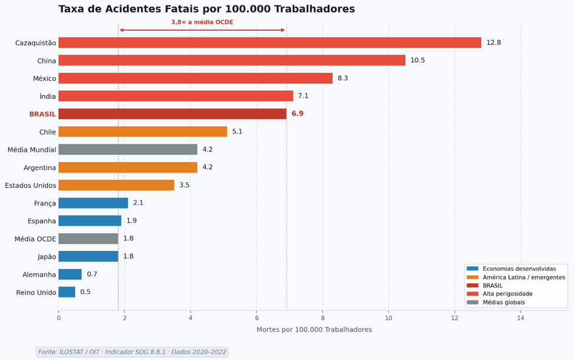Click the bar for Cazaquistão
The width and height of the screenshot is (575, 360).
(270, 42)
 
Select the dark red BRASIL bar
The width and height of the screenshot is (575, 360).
(172, 114)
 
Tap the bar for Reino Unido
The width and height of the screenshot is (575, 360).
(67, 292)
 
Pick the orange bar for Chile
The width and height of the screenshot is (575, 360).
(143, 132)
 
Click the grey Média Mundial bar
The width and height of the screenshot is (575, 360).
(127, 149)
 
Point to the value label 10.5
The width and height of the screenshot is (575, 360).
(418, 60)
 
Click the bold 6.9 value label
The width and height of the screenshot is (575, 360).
(297, 114)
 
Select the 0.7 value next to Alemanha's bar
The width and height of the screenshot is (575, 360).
(92, 274)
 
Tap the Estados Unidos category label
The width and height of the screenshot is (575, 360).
(31, 185)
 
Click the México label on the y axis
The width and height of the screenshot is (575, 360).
(44, 78)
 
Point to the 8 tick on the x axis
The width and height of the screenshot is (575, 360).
(323, 318)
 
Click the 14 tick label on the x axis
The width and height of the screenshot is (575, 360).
(520, 318)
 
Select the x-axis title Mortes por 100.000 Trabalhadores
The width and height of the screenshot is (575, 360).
(314, 330)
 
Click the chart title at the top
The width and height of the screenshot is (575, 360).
(206, 9)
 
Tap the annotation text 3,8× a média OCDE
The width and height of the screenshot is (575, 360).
(202, 22)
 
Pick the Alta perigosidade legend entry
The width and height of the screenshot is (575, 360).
(507, 294)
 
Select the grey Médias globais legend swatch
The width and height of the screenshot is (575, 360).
(472, 302)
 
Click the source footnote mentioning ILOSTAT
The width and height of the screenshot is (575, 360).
(132, 352)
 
